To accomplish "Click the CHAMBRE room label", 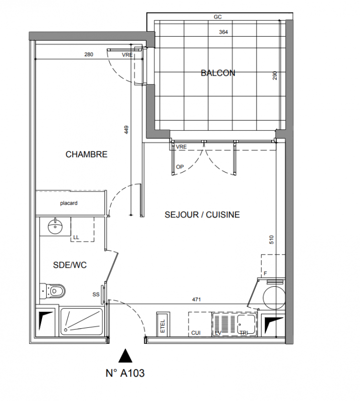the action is pos(86,154).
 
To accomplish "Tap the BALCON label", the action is pos(218,73).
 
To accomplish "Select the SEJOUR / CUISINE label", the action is pos(202,215).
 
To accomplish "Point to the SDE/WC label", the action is pos(70,265).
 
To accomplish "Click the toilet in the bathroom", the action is pos(53,291).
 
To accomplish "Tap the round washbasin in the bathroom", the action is pos(55,226).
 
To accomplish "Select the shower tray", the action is pos(81,321).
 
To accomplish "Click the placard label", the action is pos(69,203).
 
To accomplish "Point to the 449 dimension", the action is pos(126,130).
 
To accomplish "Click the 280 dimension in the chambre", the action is pos(89,55).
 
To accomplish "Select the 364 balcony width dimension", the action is pos(223,32).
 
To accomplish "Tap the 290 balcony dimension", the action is pos(275,76).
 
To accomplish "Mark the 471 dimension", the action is pos(197,299).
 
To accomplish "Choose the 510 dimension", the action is pos(271,240).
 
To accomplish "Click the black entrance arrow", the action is pos(125,356).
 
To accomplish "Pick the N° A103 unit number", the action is pos(125,373).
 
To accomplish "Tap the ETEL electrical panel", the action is pos(163,324).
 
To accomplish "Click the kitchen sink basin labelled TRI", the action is pos(246,324).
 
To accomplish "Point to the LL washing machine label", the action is pos(76,237).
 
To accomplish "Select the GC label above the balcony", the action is pos(218,17).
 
